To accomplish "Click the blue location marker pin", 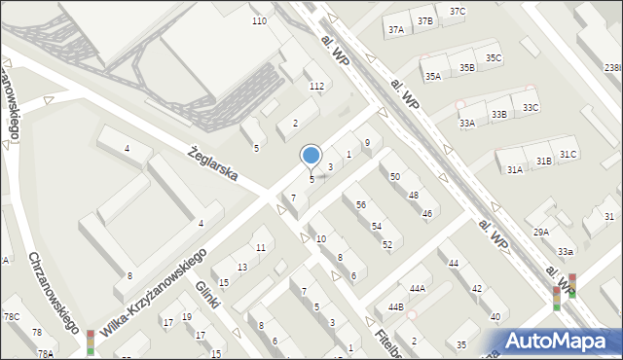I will [311, 156].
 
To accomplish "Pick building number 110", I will [259, 20].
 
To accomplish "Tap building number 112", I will [316, 86].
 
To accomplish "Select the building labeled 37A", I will [395, 30].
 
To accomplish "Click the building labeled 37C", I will [458, 11].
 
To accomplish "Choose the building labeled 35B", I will [467, 67].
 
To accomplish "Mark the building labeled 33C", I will [531, 108].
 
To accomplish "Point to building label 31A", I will [514, 169].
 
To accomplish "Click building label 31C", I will [568, 154].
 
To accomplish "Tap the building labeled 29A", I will [541, 232].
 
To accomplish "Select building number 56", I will [361, 204].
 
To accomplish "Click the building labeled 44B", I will [396, 307].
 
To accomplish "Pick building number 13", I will [242, 267].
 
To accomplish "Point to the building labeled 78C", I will [11, 316].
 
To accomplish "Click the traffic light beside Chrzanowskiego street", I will [91, 342].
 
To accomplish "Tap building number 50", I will [395, 176].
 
